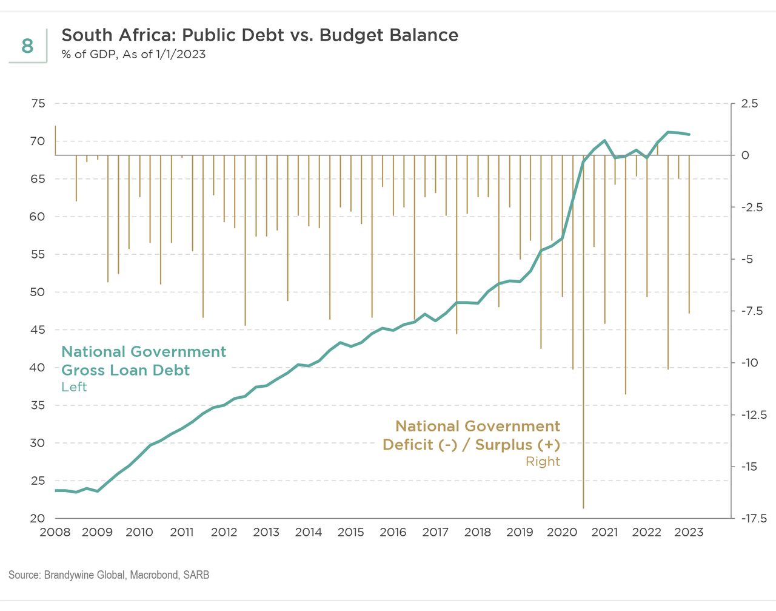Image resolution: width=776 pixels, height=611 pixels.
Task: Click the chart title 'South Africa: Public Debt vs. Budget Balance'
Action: click(x=259, y=35)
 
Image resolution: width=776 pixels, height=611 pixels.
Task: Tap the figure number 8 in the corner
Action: click(x=27, y=46)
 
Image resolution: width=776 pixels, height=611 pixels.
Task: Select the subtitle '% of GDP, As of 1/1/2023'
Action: click(x=133, y=55)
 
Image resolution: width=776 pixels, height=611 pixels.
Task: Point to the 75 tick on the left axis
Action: click(x=38, y=104)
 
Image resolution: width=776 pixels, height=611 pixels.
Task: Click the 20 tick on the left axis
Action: click(x=38, y=518)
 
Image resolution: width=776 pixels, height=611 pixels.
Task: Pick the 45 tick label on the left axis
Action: click(x=38, y=330)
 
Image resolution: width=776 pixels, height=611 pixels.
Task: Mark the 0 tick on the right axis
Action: click(x=746, y=155)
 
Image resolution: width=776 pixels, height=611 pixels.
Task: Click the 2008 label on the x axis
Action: click(x=55, y=533)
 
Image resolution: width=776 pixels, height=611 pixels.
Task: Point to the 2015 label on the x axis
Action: click(x=350, y=533)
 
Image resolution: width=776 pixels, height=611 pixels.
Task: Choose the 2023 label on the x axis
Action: click(x=689, y=533)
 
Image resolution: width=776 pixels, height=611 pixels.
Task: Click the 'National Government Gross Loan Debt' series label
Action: click(x=144, y=361)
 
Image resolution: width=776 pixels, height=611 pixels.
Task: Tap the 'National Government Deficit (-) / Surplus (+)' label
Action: click(x=472, y=436)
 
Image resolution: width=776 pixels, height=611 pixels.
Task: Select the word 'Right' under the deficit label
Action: click(x=543, y=462)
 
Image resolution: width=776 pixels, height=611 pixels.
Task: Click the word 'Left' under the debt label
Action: click(x=74, y=387)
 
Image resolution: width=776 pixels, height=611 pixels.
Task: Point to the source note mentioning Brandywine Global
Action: click(x=109, y=575)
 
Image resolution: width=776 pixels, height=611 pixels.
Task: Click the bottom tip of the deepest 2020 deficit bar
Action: click(x=583, y=508)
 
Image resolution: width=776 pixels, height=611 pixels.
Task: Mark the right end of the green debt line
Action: click(x=689, y=134)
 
